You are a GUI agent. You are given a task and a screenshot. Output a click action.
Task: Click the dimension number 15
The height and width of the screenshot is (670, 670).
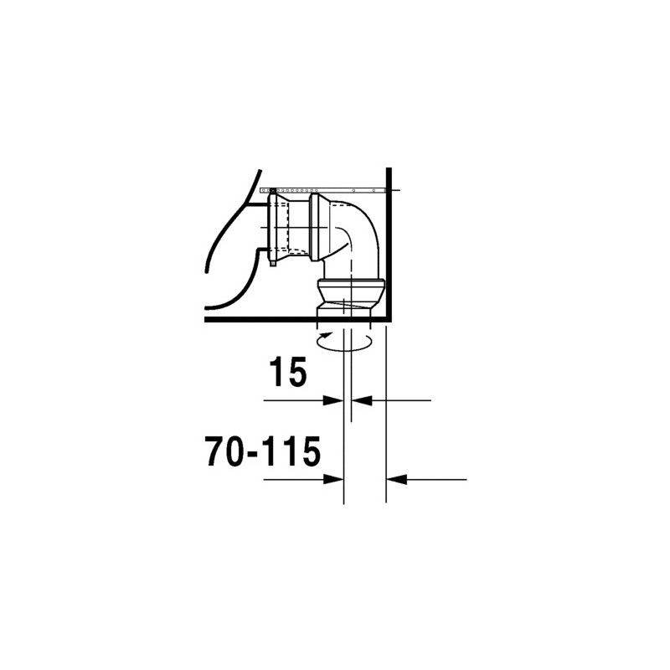tap(288, 372)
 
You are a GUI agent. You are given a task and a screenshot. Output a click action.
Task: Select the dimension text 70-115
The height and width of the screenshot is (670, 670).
tap(263, 451)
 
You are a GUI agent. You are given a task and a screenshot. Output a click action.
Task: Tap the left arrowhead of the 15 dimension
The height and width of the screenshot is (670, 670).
tap(333, 400)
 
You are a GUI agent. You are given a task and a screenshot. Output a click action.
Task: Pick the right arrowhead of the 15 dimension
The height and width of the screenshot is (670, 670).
tap(362, 400)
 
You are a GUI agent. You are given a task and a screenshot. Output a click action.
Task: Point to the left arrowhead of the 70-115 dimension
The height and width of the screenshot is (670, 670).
tap(333, 479)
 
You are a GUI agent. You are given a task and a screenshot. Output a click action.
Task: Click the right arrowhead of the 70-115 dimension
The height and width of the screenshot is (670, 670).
tap(395, 479)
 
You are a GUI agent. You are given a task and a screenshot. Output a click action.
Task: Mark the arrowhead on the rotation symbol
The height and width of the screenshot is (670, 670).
tap(328, 334)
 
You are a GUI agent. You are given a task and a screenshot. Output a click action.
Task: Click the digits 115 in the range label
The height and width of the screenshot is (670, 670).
tap(293, 451)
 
